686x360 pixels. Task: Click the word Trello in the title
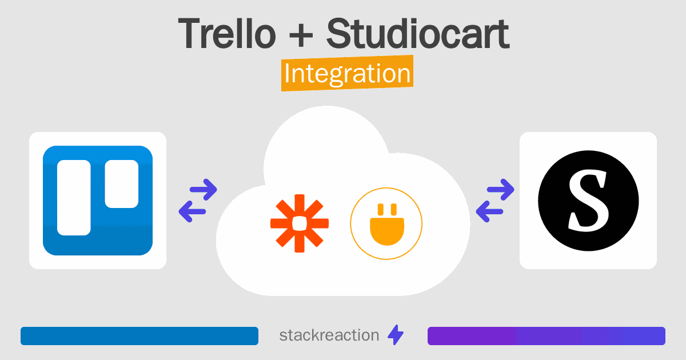[227, 34]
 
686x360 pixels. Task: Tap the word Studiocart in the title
[417, 34]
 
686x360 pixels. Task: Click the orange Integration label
[347, 74]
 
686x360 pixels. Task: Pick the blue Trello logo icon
[98, 201]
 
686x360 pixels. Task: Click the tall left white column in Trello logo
[74, 198]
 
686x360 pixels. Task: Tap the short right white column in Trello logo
[121, 183]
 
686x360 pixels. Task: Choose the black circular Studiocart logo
[588, 201]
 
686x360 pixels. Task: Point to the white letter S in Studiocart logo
[588, 201]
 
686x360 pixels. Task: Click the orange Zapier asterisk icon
[300, 223]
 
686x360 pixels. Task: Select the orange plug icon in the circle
[386, 223]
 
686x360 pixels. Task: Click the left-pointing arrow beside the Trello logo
[193, 212]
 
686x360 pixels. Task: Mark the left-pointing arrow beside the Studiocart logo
[490, 212]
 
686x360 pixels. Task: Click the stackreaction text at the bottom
[329, 335]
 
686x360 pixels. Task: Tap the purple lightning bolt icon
[396, 335]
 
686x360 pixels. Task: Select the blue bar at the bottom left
[139, 336]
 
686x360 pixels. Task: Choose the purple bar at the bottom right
[546, 336]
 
